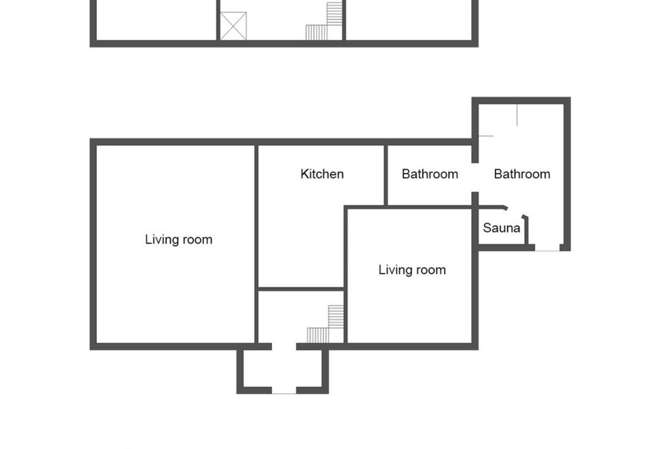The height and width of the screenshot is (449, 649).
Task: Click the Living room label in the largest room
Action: click(179, 239)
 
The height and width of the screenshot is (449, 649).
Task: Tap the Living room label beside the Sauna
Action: click(412, 270)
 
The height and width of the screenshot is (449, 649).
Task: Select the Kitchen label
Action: click(322, 174)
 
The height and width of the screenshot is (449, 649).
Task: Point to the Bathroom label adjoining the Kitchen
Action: click(430, 174)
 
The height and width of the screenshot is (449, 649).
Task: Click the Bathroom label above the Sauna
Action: click(522, 174)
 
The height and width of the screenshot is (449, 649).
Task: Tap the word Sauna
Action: click(501, 228)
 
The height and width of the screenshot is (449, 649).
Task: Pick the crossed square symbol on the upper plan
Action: click(233, 26)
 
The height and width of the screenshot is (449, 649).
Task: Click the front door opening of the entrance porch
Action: click(284, 391)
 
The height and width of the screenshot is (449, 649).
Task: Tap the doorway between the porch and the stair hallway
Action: click(284, 346)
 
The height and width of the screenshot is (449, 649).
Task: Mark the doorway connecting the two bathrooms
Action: click(475, 178)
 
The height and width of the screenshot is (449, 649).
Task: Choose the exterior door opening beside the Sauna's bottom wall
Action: click(547, 248)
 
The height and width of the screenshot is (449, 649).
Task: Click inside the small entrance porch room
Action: click(283, 369)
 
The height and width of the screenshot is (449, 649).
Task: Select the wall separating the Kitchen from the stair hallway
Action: click(301, 289)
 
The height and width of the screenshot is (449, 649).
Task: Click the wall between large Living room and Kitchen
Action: click(257, 239)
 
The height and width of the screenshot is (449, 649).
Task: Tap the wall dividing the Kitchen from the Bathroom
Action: click(385, 175)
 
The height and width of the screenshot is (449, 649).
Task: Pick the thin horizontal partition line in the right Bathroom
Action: click(486, 136)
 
